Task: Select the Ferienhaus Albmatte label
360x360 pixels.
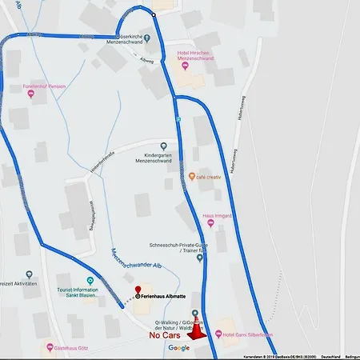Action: point(166,296)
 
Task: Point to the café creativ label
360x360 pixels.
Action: point(211,176)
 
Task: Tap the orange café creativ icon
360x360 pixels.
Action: point(191,176)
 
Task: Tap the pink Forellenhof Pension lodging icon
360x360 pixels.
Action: point(31,94)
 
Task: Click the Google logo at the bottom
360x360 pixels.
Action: point(179,348)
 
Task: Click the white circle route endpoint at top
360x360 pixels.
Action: point(154,14)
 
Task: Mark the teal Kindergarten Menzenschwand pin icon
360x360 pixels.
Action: point(163,146)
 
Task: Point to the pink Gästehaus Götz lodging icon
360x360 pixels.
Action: point(50,348)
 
